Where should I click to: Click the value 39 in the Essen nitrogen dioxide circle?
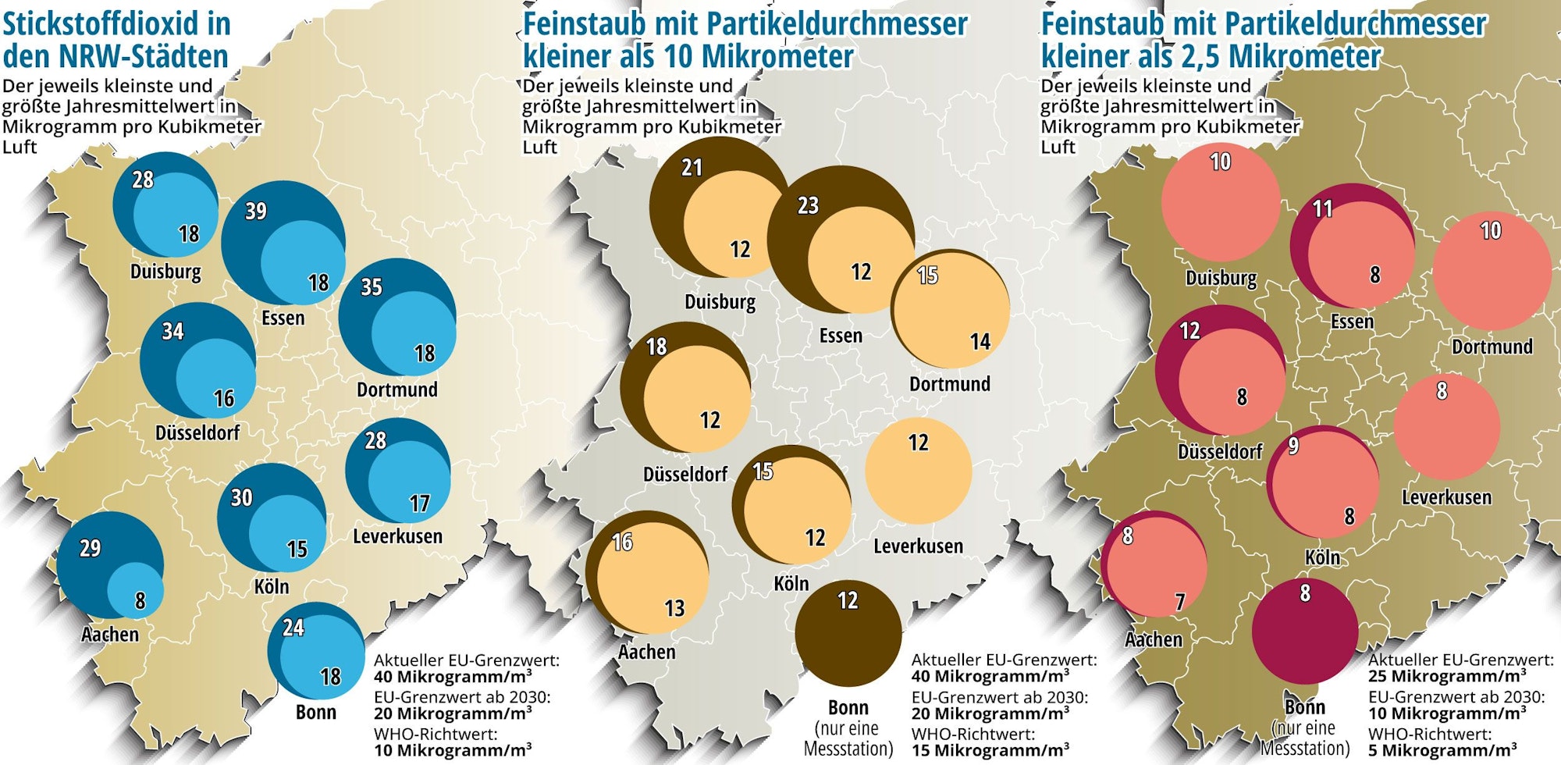(256, 211)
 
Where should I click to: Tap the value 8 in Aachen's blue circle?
(140, 600)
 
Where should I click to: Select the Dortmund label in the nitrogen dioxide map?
(396, 389)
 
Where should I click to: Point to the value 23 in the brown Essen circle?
(808, 205)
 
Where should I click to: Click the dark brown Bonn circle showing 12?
(848, 633)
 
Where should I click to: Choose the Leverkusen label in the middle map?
(918, 546)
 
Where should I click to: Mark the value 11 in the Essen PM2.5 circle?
(1322, 208)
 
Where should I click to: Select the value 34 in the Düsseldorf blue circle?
(172, 331)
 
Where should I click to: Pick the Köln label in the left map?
(272, 586)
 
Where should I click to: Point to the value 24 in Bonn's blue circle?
(293, 627)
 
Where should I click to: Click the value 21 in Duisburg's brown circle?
(692, 167)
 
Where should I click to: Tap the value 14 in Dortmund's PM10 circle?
(980, 341)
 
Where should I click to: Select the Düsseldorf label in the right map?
(1220, 451)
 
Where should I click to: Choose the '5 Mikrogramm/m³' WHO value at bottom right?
(1442, 750)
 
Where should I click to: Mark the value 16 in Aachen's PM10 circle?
(622, 542)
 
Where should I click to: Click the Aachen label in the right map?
(1154, 639)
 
